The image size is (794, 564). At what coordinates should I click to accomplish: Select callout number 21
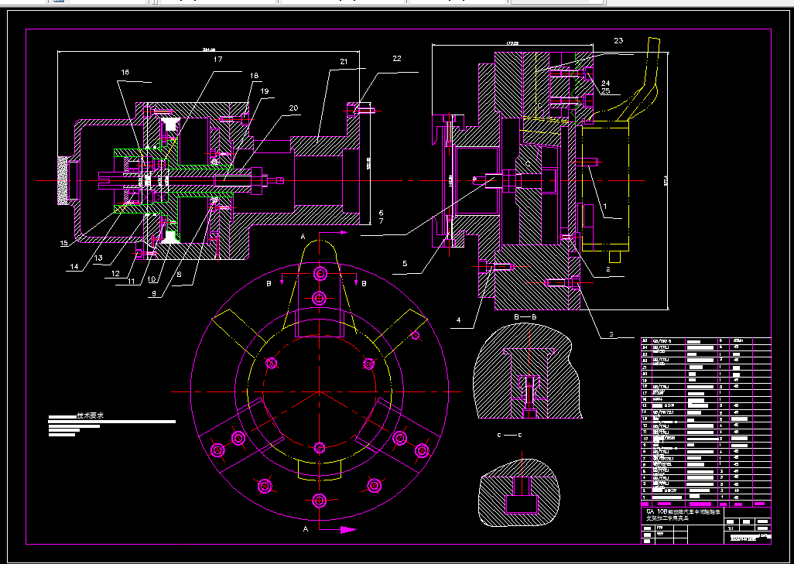pyautogui.click(x=344, y=61)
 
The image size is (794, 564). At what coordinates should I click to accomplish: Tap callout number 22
pyautogui.click(x=397, y=59)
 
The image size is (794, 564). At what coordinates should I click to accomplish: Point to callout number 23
pyautogui.click(x=618, y=39)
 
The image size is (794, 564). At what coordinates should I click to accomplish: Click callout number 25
pyautogui.click(x=605, y=91)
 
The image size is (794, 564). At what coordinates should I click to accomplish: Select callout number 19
pyautogui.click(x=264, y=91)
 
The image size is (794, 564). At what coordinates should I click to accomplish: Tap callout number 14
pyautogui.click(x=74, y=267)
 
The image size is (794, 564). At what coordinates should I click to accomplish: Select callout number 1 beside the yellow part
pyautogui.click(x=604, y=207)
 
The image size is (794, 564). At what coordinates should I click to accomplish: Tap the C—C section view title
pyautogui.click(x=508, y=436)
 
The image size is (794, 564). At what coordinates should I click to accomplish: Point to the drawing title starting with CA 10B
pyautogui.click(x=683, y=514)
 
